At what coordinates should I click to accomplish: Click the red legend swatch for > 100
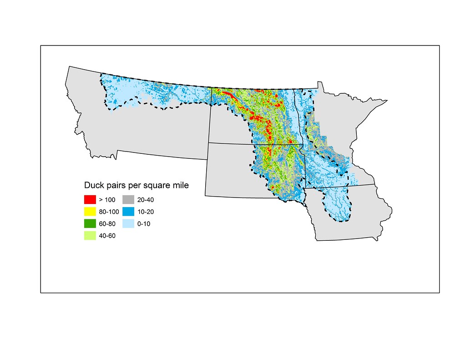(90, 199)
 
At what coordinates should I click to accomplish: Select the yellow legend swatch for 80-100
(90, 211)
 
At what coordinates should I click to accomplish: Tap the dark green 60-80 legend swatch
(90, 223)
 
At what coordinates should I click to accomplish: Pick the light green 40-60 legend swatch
(90, 235)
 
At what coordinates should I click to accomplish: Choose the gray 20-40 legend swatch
(128, 199)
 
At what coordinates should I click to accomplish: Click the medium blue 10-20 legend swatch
(128, 211)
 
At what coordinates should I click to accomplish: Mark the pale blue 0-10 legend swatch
(128, 223)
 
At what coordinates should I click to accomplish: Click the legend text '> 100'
(107, 200)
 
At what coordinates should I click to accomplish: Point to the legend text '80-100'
(109, 212)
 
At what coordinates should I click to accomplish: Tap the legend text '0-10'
(146, 223)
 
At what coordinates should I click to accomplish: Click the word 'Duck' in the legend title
(94, 186)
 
